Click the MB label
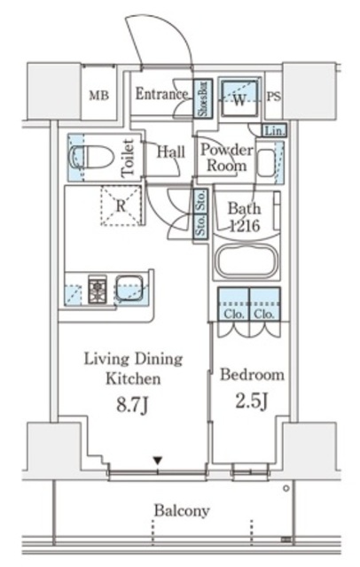pyautogui.click(x=98, y=96)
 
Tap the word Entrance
pyautogui.click(x=161, y=94)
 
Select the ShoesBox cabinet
pyautogui.click(x=203, y=98)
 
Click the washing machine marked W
pyautogui.click(x=239, y=98)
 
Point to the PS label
pyautogui.click(x=273, y=97)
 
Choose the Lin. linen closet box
pyautogui.click(x=274, y=130)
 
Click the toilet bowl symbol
pyautogui.click(x=91, y=157)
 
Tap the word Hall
pyautogui.click(x=170, y=151)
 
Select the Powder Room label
pyautogui.click(x=226, y=158)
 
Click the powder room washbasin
pyautogui.click(x=266, y=163)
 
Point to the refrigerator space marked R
pyautogui.click(x=121, y=206)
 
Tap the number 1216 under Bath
pyautogui.click(x=246, y=226)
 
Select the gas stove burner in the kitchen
pyautogui.click(x=98, y=290)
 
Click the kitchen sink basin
pyautogui.click(x=129, y=288)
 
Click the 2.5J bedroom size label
pyautogui.click(x=252, y=401)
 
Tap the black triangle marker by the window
pyautogui.click(x=157, y=461)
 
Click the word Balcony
pyautogui.click(x=182, y=511)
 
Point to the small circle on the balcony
pyautogui.click(x=286, y=488)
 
